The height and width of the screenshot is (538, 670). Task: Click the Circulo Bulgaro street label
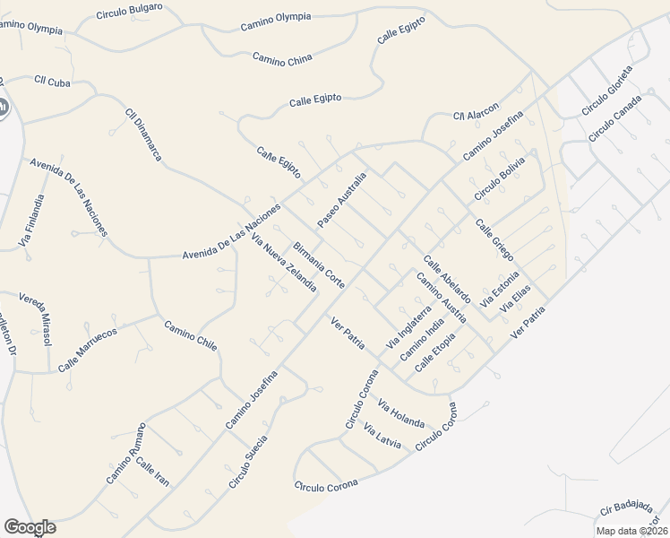click(x=130, y=10)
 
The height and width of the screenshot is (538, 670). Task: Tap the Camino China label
click(x=282, y=60)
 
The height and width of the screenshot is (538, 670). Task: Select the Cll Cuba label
click(x=52, y=82)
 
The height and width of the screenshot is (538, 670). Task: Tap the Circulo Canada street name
click(x=615, y=117)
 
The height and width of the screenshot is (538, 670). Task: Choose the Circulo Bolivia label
click(x=499, y=182)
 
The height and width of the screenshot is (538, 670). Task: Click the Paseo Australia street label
click(x=342, y=199)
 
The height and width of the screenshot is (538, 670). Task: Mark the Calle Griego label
click(x=494, y=240)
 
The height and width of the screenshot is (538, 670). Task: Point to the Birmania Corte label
click(x=319, y=265)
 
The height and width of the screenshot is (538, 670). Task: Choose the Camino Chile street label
click(x=190, y=336)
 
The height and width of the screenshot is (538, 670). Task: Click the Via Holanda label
click(x=400, y=413)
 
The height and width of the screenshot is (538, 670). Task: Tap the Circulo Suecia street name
click(x=248, y=461)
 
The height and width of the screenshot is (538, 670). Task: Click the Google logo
click(x=30, y=527)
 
